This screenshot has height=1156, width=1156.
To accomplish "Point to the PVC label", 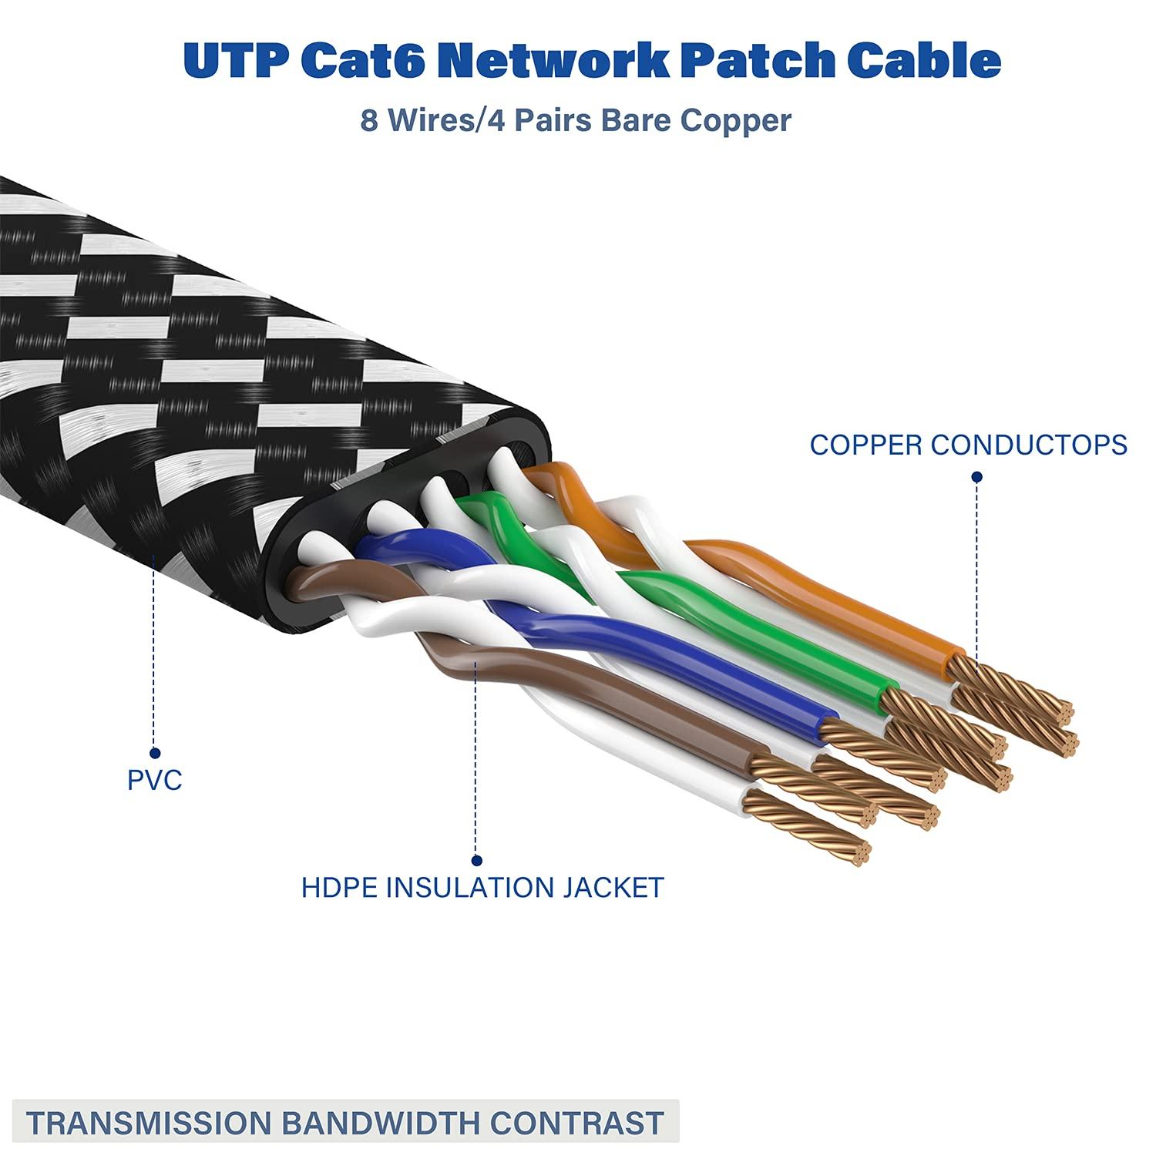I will click(155, 780).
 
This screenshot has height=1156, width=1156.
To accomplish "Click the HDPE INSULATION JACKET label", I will click(482, 887).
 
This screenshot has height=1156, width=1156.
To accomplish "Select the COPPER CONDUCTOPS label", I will click(969, 445).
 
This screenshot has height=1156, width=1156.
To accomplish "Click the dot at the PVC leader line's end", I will click(155, 753).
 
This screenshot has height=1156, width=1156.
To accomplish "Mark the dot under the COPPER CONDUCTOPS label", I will click(977, 478).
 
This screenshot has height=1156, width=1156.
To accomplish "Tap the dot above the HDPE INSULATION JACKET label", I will click(477, 861).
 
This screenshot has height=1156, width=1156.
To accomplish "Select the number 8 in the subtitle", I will click(369, 121).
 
